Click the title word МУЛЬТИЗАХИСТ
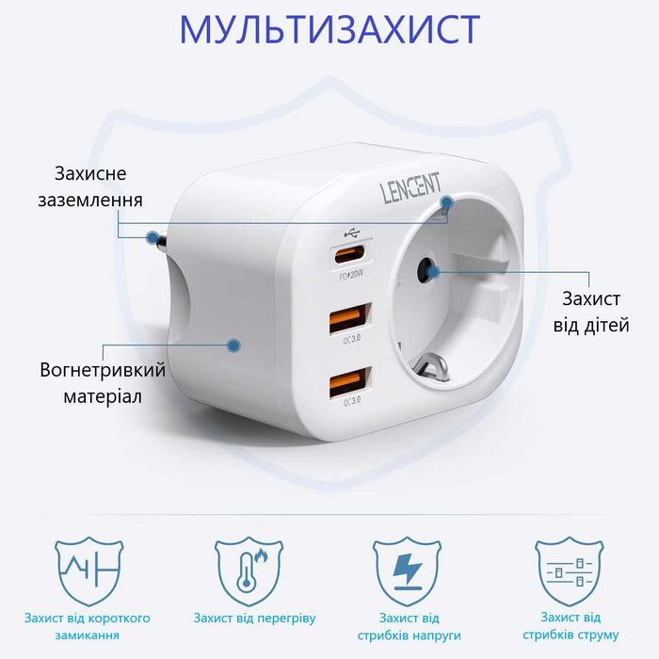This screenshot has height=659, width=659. (329, 30)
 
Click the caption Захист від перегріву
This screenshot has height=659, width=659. (254, 619)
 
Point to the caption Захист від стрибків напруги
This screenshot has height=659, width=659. (410, 627)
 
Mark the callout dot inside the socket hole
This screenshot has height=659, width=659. (432, 273)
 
